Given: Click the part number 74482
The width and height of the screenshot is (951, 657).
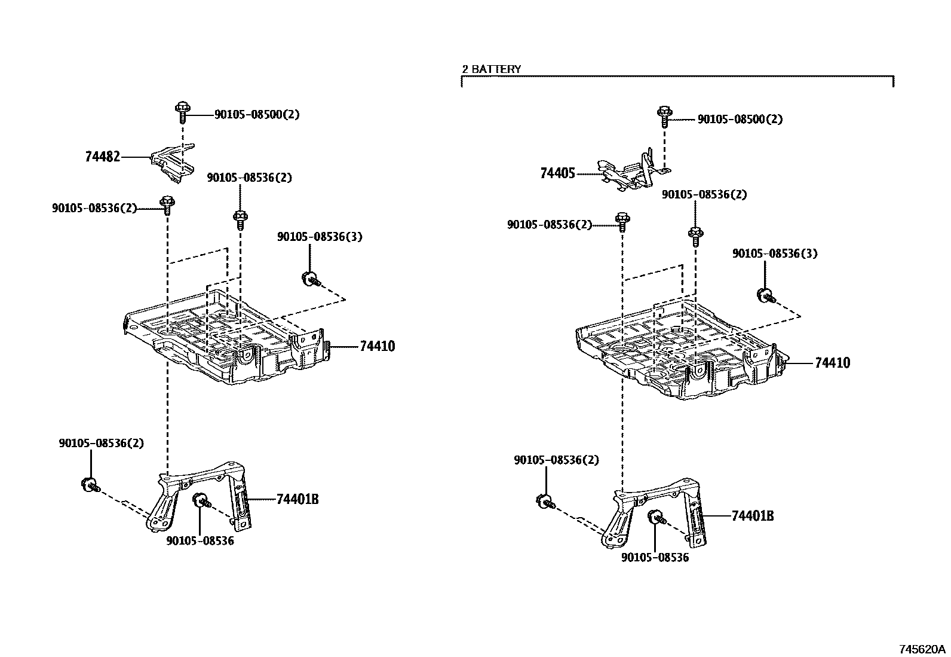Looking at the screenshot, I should coord(102,157).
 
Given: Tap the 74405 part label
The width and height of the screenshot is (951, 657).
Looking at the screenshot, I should coord(557,174).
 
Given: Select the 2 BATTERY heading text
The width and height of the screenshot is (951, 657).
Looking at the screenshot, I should coord(491,69).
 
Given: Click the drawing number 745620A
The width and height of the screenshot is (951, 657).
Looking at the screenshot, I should coord(923,649).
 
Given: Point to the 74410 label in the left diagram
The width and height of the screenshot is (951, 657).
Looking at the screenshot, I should coord(377,346).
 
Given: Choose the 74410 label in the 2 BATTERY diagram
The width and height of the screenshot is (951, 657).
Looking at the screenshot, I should coord(832,363).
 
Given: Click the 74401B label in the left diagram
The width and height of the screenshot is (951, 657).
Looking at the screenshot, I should coord(297,499).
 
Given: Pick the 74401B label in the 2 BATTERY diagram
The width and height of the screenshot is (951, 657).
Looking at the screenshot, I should coord(752,516).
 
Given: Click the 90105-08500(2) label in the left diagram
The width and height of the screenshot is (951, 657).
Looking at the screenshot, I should coord(257,114).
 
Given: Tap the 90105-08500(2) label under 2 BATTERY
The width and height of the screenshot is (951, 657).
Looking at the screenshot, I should coord(740,120).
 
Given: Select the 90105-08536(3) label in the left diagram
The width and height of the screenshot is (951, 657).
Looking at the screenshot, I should coord(320,237).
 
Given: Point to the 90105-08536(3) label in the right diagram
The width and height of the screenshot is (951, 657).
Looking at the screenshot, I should coord(775,253).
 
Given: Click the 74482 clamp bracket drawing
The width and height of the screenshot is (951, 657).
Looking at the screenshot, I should coord(173,162).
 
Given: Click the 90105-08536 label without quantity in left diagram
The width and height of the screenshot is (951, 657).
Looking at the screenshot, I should coord(200,541).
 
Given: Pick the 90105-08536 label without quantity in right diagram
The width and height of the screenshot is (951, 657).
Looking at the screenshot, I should coord(655,558).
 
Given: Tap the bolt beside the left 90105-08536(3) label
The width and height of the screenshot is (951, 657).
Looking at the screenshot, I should coord(311,278).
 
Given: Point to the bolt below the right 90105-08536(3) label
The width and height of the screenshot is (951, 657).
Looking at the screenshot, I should coord(766,295).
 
